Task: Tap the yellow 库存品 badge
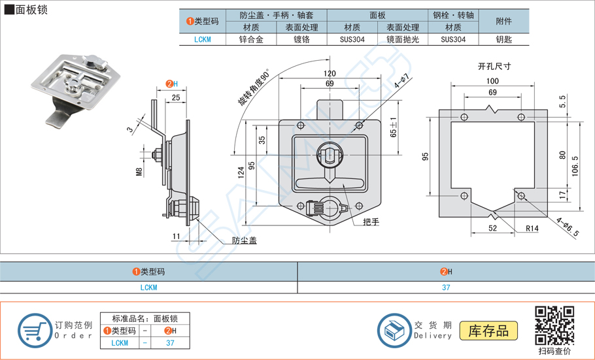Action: tap(488, 331)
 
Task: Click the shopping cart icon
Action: tap(35, 331)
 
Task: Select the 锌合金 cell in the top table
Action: tap(251, 39)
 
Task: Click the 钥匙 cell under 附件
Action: tap(504, 39)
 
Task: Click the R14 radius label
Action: tap(532, 229)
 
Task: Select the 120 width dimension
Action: tap(329, 74)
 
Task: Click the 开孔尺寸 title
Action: tap(494, 66)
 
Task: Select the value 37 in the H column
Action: tap(445, 287)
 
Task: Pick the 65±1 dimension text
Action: tap(393, 127)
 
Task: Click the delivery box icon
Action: tap(394, 330)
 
